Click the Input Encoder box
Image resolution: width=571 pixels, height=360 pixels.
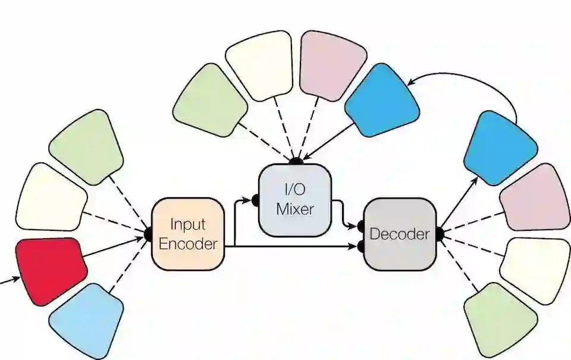point(188,233)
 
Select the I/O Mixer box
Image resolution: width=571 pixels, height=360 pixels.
point(294,200)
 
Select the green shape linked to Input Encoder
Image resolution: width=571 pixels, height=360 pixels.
point(86,146)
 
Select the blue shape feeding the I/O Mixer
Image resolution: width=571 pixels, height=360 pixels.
point(382,101)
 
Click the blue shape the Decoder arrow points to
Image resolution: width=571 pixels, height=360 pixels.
point(499,146)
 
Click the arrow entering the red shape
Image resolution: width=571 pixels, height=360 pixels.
point(8,280)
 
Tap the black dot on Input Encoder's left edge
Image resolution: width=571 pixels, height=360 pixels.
point(149,234)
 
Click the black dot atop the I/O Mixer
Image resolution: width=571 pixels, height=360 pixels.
point(294,161)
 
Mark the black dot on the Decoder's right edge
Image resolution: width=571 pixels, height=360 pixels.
point(440,234)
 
